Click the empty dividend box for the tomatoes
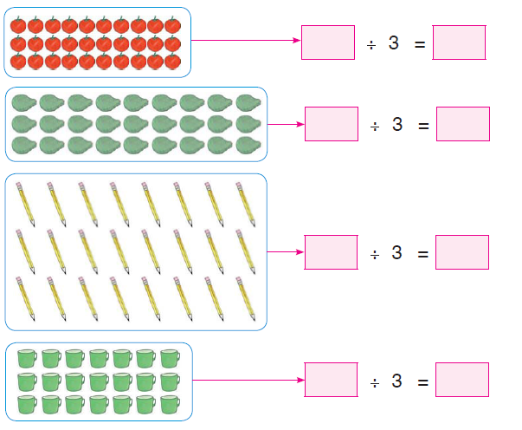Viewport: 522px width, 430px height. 328,42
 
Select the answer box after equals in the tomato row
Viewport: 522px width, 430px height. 459,42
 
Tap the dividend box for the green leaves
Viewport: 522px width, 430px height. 332,124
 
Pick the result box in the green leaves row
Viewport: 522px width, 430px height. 463,124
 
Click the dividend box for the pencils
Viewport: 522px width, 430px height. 332,252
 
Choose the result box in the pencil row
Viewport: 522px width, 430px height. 462,252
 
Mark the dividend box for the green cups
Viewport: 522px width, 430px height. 332,380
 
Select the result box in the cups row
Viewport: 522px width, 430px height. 462,380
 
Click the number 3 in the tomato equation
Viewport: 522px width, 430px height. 394,43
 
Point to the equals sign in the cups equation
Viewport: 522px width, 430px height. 422,382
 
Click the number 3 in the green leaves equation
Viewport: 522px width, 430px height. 397,124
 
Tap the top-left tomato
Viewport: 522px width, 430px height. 18,25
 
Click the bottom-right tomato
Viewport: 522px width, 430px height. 173,61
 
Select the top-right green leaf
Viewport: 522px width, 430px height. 248,102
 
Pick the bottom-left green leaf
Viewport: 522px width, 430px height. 24,146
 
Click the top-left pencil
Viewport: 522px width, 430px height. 25,204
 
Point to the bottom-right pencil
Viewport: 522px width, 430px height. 246,299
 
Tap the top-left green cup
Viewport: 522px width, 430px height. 28,358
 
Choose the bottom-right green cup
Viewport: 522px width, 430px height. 171,404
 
